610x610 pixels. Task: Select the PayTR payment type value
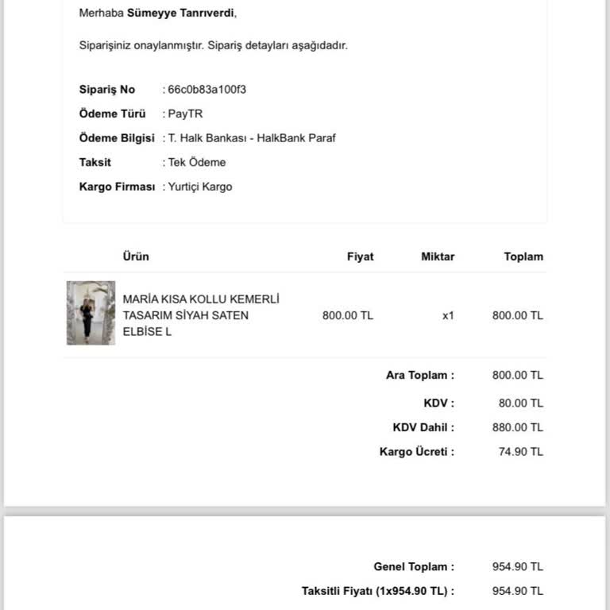coord(185,114)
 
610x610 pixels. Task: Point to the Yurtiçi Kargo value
coord(200,187)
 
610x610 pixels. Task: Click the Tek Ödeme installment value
coord(197,162)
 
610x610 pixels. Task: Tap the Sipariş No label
coord(107,89)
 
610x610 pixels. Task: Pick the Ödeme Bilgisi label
coord(117,137)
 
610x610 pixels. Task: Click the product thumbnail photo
coord(91,312)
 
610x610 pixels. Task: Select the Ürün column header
coord(136,257)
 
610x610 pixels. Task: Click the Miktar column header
coord(438,257)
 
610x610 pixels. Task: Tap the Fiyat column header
coord(360,257)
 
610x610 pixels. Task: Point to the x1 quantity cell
coord(448,315)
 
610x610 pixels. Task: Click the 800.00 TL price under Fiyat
coord(347,315)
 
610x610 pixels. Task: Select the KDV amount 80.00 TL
coord(520,403)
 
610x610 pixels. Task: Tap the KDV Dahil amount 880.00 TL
coord(517,427)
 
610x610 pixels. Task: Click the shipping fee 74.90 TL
coord(520,452)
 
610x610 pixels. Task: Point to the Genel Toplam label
coord(414,567)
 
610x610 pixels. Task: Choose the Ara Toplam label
coord(420,375)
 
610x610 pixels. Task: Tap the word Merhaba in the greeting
coord(102,13)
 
